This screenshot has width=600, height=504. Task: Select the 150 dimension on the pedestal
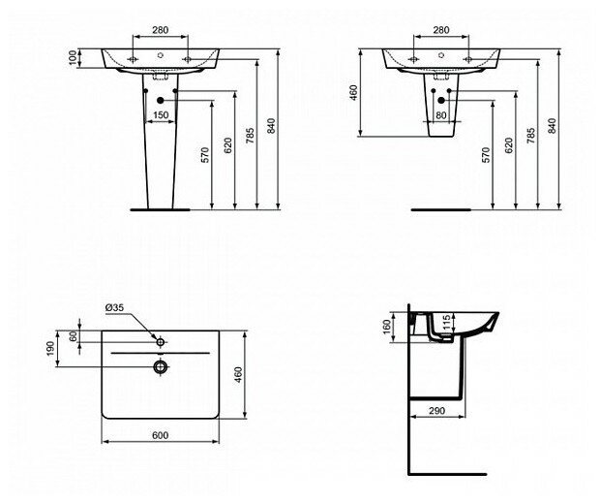point(162,115)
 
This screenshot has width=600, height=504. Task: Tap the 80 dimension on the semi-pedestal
point(442,115)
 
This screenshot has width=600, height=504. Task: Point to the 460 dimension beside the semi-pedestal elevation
point(354,92)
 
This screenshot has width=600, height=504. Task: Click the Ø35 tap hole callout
point(115,309)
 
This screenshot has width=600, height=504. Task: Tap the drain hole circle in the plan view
point(161,365)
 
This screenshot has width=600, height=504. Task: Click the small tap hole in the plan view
point(161,342)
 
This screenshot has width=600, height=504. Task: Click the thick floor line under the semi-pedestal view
point(440,208)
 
